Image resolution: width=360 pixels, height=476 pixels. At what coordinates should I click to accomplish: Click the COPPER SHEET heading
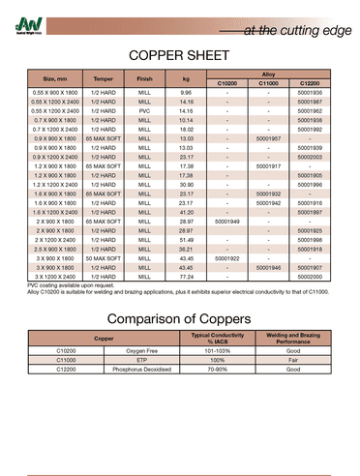pos(179,57)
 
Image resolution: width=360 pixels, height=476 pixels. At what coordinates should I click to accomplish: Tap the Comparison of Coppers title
pos(179,318)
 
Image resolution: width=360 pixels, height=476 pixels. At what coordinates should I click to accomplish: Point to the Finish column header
pos(145,78)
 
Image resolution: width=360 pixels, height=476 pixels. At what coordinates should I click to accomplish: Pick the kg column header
pos(186,78)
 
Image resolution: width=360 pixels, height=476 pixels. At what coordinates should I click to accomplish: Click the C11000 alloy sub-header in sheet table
pos(268,83)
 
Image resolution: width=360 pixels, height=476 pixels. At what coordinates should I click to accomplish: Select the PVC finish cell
pos(145,110)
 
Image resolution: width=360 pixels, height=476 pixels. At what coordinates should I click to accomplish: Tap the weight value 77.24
pos(186,277)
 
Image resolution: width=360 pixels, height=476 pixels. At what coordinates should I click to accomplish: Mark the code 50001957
pos(268,138)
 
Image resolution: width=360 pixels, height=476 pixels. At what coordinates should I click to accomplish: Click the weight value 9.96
pos(186,92)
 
